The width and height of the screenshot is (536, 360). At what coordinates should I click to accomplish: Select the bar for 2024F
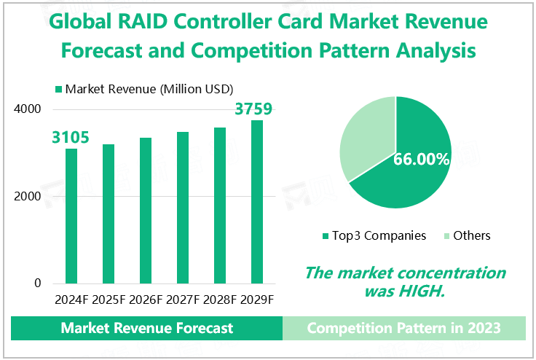(71, 216)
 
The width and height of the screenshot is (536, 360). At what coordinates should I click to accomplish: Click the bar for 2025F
(109, 214)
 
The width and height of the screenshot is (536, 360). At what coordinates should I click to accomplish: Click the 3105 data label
(71, 137)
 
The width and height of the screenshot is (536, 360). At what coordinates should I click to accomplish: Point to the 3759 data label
(253, 109)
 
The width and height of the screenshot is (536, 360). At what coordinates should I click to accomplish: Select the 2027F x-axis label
(183, 300)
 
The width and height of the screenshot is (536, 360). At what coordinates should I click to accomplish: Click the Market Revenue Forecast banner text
(147, 328)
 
